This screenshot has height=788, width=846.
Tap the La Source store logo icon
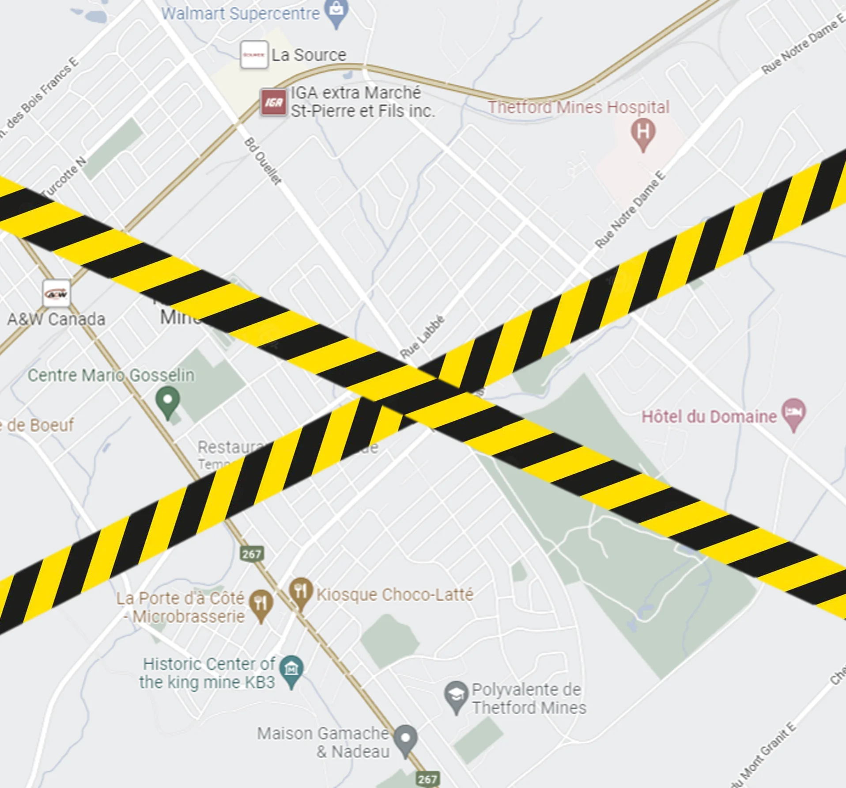(x=254, y=55)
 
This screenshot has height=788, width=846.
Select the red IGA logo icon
(x=273, y=102)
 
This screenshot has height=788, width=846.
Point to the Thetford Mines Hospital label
(x=578, y=107)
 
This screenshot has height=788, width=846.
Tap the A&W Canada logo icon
(x=57, y=293)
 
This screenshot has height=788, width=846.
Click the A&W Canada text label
(x=57, y=319)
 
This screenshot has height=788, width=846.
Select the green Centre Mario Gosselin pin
(x=168, y=400)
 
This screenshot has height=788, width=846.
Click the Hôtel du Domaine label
(x=709, y=417)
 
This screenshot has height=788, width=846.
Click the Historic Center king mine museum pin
(x=291, y=669)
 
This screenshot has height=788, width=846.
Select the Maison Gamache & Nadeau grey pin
(x=405, y=739)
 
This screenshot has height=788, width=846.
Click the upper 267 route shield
(x=251, y=554)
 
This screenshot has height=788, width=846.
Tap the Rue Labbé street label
(x=422, y=337)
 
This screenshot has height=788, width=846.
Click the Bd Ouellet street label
(x=263, y=161)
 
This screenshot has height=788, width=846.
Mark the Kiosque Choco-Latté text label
(x=395, y=594)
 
